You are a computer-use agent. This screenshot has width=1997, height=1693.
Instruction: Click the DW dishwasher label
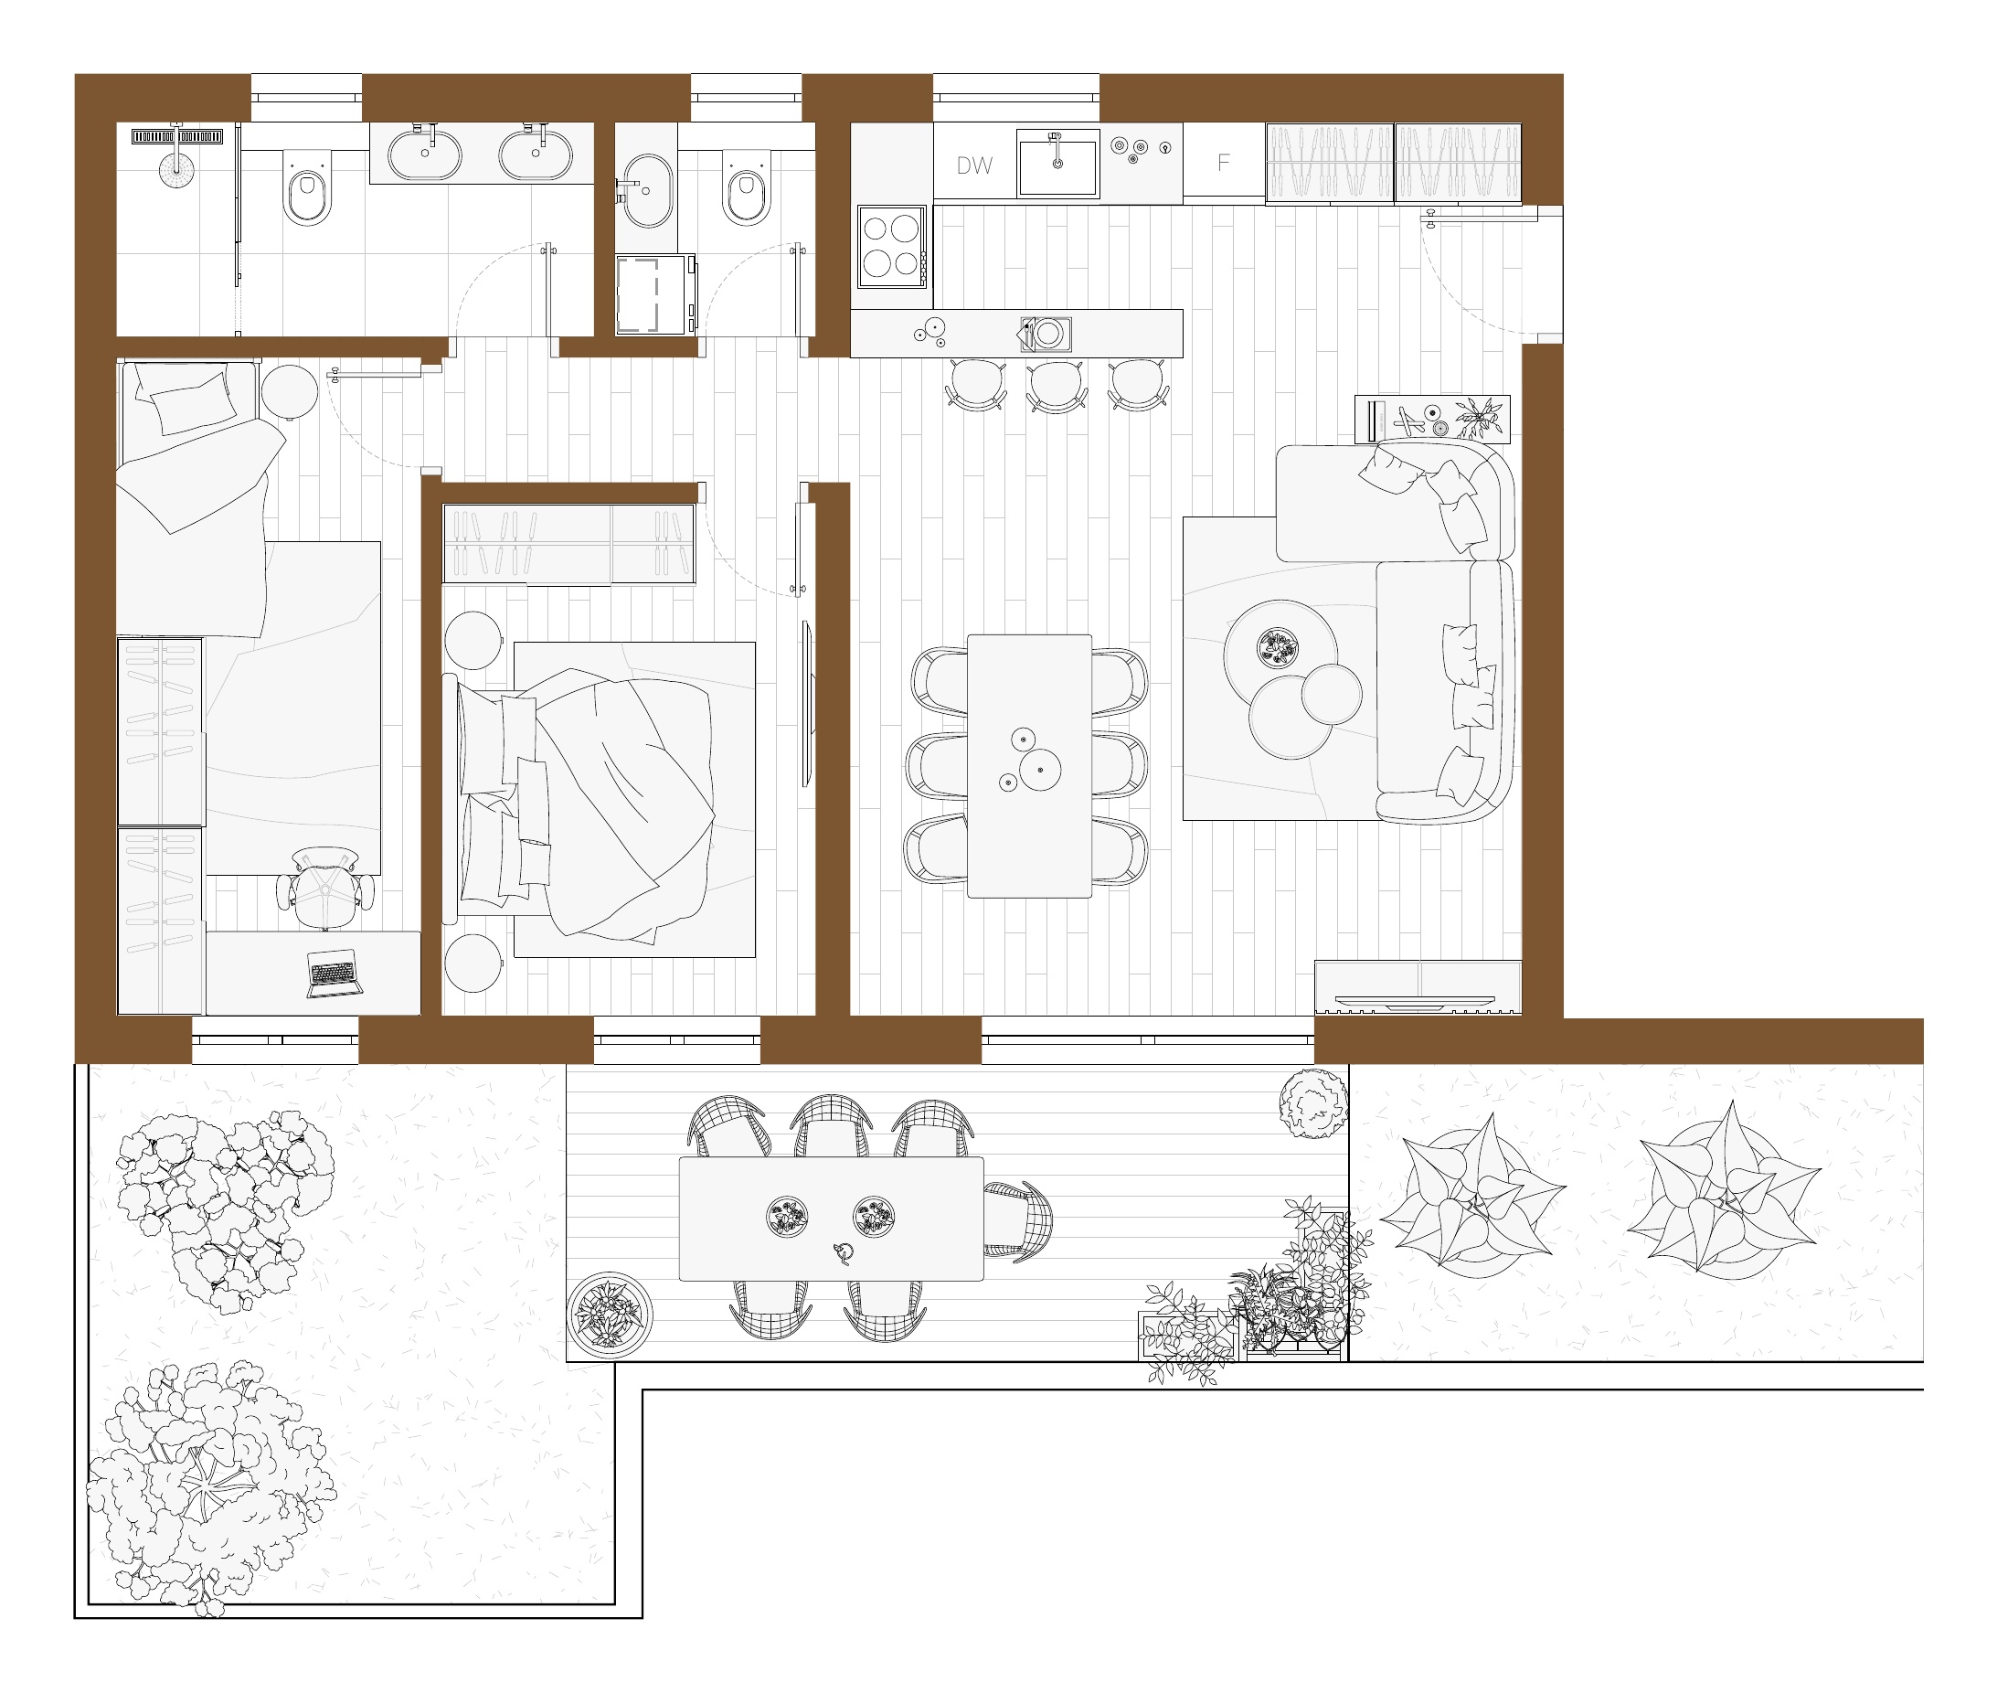[974, 165]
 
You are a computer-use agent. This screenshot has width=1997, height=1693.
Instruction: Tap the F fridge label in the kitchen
[1223, 163]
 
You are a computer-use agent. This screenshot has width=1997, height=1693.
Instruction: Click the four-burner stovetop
[890, 246]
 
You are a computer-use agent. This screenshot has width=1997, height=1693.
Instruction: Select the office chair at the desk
[325, 888]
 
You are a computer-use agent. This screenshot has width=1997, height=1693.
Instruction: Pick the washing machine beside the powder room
[654, 293]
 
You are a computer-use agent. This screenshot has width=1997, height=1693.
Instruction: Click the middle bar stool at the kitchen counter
[1057, 386]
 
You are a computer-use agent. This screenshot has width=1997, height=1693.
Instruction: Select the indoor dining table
[1029, 766]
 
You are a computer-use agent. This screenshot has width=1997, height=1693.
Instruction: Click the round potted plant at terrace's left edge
[610, 1315]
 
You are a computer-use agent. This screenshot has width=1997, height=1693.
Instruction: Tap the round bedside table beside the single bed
[289, 391]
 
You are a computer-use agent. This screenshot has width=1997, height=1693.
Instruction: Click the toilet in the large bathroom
[308, 189]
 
